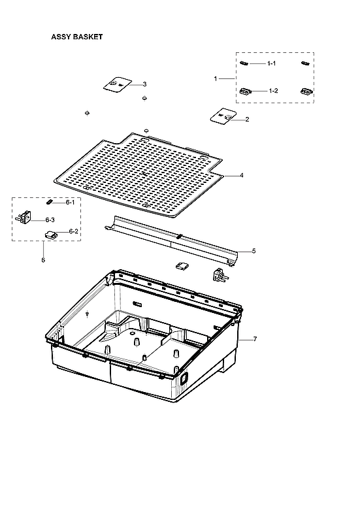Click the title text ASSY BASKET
[x=76, y=37]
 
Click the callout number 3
[x=144, y=84]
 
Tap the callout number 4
[x=241, y=176]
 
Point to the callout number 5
[x=254, y=251]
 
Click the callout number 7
[x=255, y=340]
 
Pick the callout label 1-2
[x=273, y=91]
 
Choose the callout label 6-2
[x=74, y=231]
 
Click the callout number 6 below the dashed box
[x=43, y=260]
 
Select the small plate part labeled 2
[x=220, y=118]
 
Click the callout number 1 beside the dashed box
[x=216, y=78]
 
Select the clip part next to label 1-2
[x=246, y=91]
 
